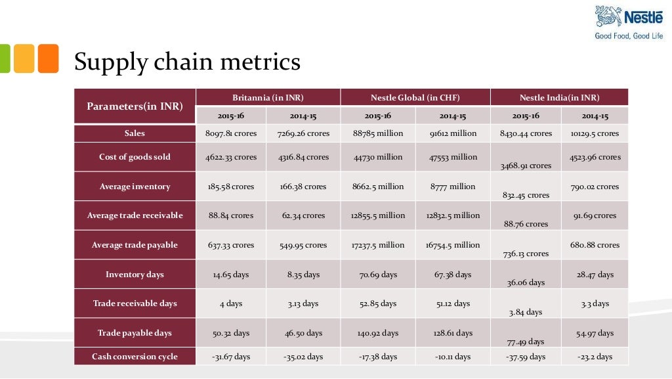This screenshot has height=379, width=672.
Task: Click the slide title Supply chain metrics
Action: tap(187, 62)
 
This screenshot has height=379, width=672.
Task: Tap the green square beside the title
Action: tap(4, 58)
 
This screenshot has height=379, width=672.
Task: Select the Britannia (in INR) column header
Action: tap(268, 97)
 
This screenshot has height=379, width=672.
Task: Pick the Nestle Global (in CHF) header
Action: tap(415, 97)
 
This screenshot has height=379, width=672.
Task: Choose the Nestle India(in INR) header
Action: tap(559, 97)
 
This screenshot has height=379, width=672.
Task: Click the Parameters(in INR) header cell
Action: tap(135, 106)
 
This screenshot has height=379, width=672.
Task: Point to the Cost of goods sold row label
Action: tap(135, 157)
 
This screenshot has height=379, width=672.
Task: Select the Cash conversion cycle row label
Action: tap(135, 357)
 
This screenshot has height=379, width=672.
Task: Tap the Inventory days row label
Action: tap(135, 275)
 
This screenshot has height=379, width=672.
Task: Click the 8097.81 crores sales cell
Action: tap(231, 133)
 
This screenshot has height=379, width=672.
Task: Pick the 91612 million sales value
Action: tap(453, 133)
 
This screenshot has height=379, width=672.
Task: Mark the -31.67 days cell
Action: tap(231, 357)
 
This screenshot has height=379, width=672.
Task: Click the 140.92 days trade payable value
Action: tap(377, 333)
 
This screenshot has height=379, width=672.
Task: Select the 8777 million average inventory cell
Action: tap(453, 187)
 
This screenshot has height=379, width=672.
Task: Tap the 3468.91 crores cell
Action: tap(526, 166)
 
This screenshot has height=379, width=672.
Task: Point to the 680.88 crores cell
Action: tap(595, 245)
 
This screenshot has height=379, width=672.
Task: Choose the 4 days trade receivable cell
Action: tap(231, 303)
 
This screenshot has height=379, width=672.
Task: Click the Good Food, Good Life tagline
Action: tap(629, 36)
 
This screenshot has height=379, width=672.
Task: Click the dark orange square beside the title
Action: tap(48, 58)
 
